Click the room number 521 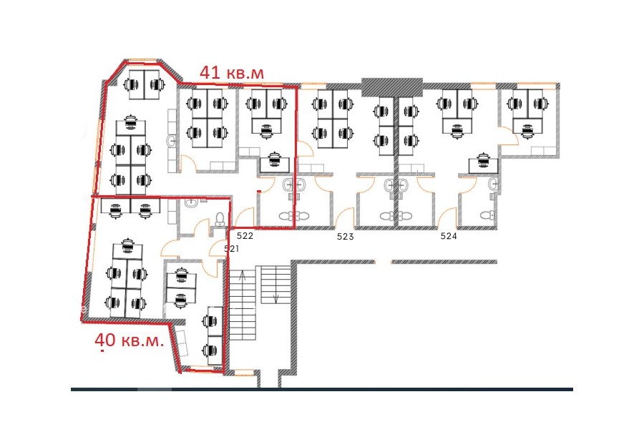(232, 248)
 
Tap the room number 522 (245, 236)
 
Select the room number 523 (345, 237)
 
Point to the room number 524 (449, 236)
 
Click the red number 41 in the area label (209, 73)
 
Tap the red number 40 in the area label (104, 340)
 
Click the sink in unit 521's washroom (190, 202)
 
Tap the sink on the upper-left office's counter (172, 142)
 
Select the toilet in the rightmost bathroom (487, 215)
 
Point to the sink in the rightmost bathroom (493, 184)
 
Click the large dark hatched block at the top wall (392, 87)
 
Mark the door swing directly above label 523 (344, 218)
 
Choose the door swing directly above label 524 (447, 218)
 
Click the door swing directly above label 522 (245, 217)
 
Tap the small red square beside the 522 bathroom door (258, 191)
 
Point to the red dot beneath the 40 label (102, 351)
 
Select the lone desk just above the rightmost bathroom (484, 164)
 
